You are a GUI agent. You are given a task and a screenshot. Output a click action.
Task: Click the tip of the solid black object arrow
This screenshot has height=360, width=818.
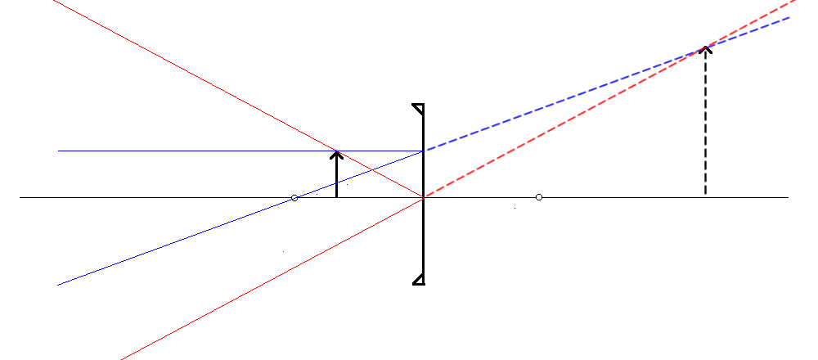[336, 151]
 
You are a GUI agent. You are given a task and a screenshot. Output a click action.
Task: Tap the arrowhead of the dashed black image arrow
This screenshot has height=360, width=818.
[705, 48]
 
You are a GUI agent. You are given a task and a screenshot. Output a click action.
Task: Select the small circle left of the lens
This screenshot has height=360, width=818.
[294, 198]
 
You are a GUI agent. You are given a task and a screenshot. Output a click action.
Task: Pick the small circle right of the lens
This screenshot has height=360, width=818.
[538, 197]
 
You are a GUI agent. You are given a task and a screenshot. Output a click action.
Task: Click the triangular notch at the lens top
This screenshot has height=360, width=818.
[418, 108]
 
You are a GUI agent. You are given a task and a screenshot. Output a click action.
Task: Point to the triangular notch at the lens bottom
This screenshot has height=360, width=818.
[418, 280]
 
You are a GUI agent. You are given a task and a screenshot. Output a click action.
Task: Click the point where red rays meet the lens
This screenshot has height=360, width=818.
[423, 197]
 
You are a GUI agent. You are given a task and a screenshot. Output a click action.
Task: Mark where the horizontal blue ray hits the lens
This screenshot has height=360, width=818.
[423, 151]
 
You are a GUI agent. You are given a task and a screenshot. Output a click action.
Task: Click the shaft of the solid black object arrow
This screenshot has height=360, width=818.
[336, 176]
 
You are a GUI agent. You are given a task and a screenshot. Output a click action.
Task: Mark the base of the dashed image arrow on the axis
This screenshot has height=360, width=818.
[705, 196]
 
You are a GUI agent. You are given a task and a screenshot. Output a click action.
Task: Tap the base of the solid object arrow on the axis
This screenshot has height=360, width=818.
[336, 197]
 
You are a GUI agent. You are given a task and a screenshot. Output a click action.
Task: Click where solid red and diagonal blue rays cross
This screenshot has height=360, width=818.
[372, 169]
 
